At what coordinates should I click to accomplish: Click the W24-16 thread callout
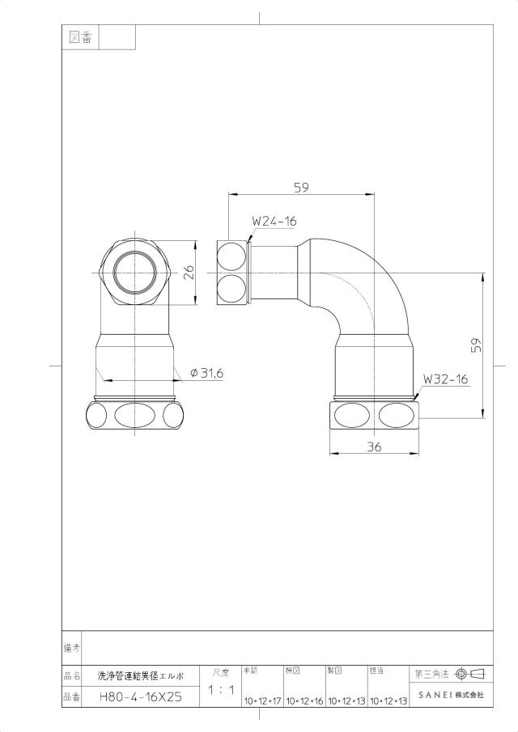pyautogui.click(x=274, y=221)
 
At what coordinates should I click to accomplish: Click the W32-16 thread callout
pyautogui.click(x=446, y=379)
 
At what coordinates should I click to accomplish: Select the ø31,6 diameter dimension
pyautogui.click(x=207, y=373)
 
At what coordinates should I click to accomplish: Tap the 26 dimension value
pyautogui.click(x=189, y=273)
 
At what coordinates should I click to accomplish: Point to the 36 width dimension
pyautogui.click(x=374, y=446)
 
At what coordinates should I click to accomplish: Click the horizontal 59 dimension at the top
pyautogui.click(x=301, y=188)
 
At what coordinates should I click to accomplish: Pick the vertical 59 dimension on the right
pyautogui.click(x=475, y=345)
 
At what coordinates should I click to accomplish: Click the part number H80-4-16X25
pyautogui.click(x=141, y=697)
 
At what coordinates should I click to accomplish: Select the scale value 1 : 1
pyautogui.click(x=221, y=689)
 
